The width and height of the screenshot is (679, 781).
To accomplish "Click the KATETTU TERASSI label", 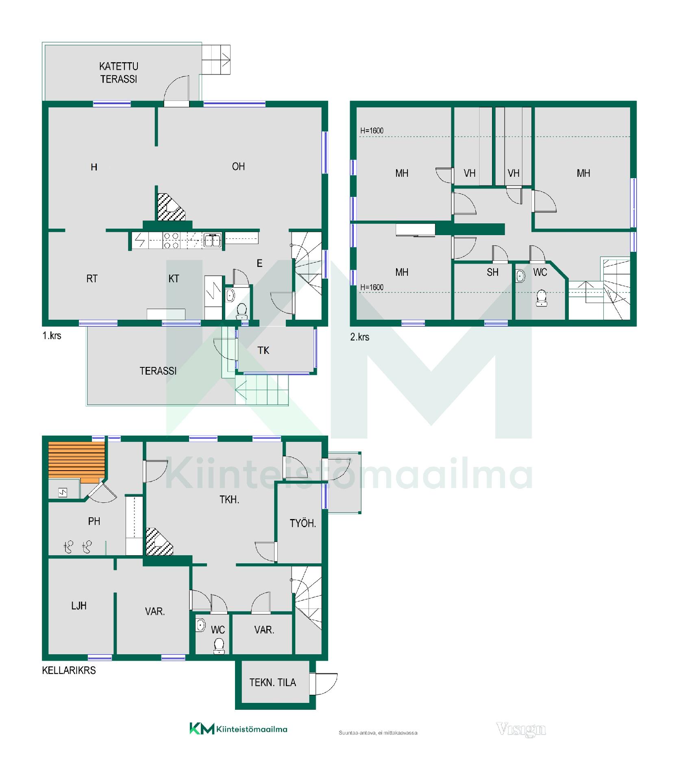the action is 119,73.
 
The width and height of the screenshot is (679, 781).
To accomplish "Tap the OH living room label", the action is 238,166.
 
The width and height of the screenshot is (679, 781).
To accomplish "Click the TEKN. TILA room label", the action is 272,682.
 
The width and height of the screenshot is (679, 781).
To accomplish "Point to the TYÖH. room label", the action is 303,523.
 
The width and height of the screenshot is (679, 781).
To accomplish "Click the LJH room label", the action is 79,606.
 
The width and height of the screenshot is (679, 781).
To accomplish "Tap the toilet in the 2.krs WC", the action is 541,298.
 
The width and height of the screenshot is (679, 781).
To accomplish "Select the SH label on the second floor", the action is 492,272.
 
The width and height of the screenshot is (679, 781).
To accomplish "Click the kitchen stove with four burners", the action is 171,240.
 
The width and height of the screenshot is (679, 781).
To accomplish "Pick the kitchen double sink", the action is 212,240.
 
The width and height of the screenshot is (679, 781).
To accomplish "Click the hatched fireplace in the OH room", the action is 170,207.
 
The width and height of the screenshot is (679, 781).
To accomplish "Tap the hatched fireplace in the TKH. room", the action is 159,541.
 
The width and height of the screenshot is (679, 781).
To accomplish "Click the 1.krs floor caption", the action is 52,336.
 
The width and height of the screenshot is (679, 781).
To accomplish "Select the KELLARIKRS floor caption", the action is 69,670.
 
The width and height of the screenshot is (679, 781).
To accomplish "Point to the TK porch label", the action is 263,350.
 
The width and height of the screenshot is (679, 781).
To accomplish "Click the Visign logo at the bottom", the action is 521,729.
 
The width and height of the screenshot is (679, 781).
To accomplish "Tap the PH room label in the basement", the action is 94,521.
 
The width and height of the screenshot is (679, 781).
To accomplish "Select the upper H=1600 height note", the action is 372,131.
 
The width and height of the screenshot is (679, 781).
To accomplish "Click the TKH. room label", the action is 229,500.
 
